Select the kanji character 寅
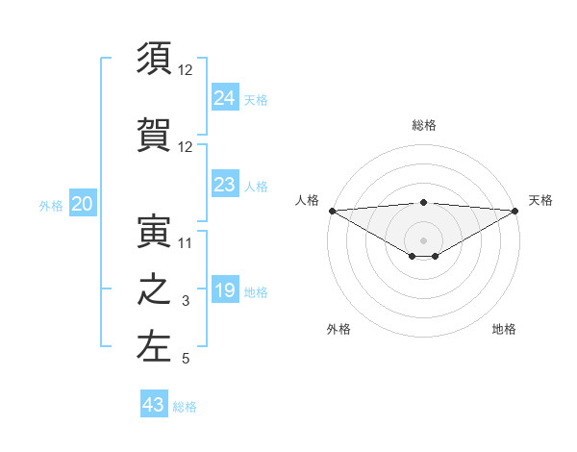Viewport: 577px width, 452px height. click(154, 231)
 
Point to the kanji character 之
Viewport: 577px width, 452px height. click(154, 290)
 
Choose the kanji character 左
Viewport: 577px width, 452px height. click(154, 347)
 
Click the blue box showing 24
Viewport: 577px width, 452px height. click(225, 97)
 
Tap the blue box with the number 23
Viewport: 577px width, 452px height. click(225, 185)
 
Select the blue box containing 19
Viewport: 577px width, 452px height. click(225, 290)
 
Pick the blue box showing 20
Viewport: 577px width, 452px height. click(83, 203)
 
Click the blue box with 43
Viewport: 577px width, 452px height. click(154, 405)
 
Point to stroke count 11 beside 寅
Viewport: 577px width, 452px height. click(186, 243)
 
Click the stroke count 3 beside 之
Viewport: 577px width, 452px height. click(186, 302)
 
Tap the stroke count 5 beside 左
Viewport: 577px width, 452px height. click(186, 360)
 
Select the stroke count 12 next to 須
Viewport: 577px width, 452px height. click(186, 70)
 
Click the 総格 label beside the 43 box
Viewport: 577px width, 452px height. click(186, 407)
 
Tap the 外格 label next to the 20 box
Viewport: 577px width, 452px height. click(51, 205)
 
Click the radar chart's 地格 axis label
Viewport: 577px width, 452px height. click(504, 329)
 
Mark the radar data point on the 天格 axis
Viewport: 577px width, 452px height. click(514, 211)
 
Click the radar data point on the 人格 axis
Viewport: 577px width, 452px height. click(332, 211)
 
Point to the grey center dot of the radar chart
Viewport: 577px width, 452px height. click(423, 239)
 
